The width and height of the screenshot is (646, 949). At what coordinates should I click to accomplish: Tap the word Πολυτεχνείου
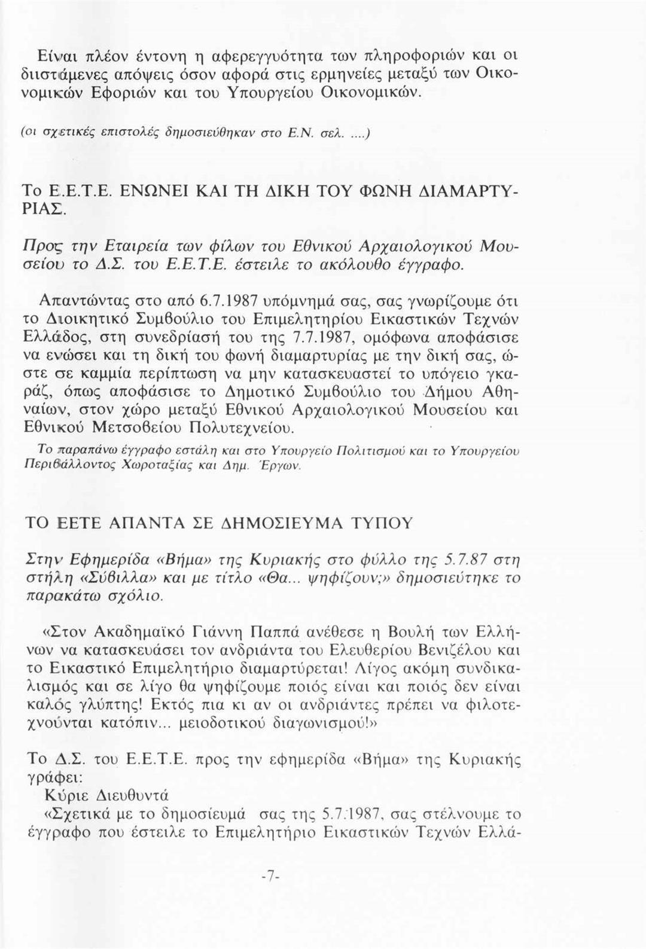pos(240,428)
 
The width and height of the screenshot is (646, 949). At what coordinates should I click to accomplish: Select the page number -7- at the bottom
pos(270,877)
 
